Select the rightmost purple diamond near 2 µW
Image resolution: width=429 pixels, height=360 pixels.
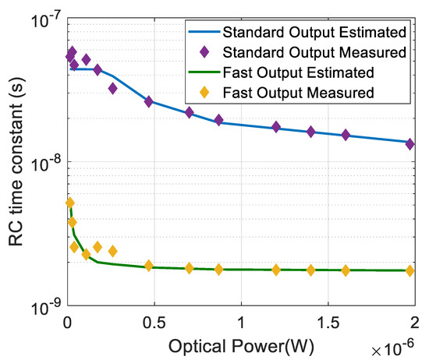409,143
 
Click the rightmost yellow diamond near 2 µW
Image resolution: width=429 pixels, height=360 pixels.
409,271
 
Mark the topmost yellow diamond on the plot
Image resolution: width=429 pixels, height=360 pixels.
70,203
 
